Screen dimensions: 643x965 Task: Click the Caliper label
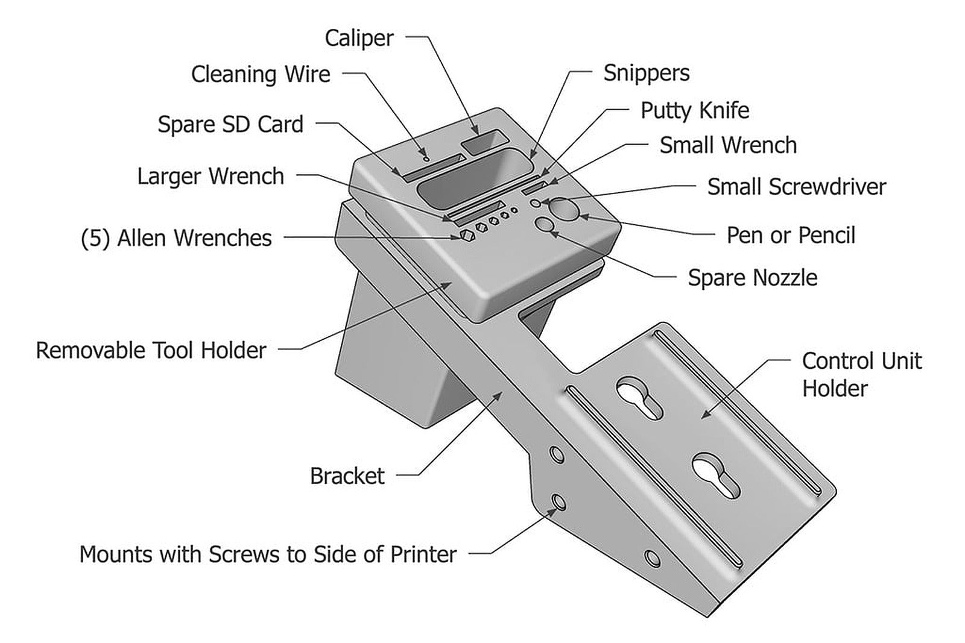(x=359, y=38)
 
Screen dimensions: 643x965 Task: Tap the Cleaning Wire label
(x=261, y=74)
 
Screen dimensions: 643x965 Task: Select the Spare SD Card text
(x=230, y=124)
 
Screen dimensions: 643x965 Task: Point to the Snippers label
(x=646, y=73)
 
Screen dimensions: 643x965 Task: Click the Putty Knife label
(x=694, y=110)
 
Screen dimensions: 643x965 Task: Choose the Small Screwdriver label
(x=796, y=187)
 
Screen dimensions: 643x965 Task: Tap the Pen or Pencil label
(x=790, y=235)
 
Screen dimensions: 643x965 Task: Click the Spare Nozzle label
(x=752, y=278)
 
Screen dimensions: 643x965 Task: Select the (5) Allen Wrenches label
(x=176, y=238)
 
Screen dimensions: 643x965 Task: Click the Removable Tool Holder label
(x=151, y=350)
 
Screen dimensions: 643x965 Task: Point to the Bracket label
(x=347, y=476)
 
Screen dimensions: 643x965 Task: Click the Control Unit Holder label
(x=861, y=374)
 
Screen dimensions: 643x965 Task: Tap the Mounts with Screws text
(x=268, y=554)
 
